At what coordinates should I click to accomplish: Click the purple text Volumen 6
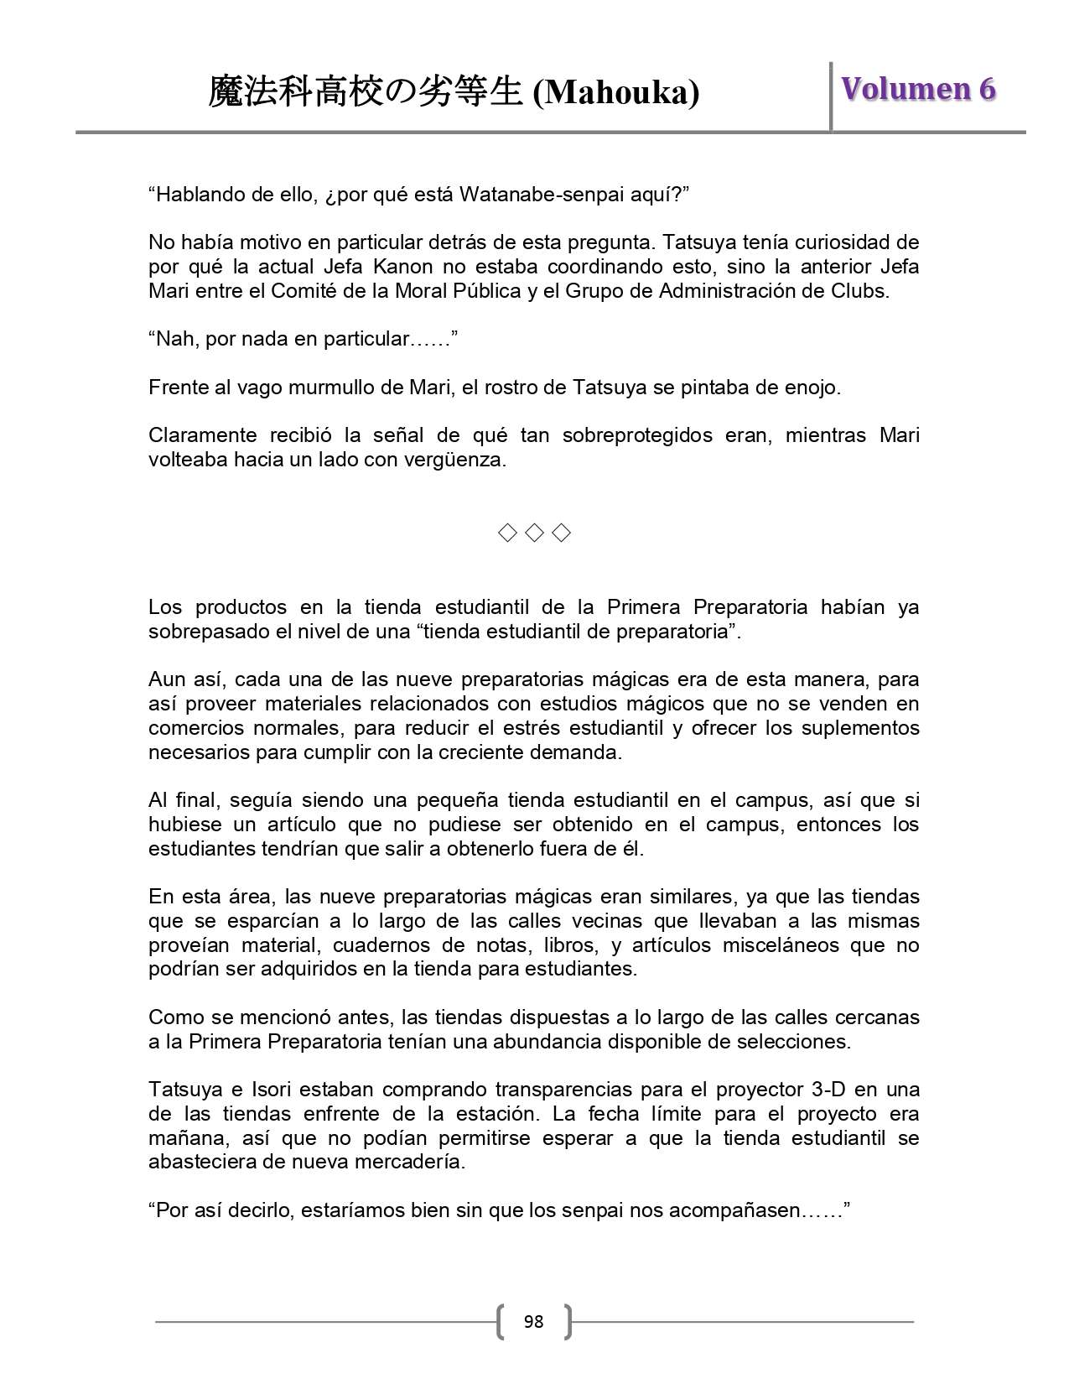[x=918, y=89]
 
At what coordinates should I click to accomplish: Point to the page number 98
[x=533, y=1322]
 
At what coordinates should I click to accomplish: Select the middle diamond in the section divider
[x=533, y=533]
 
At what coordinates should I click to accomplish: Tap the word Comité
[x=305, y=291]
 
